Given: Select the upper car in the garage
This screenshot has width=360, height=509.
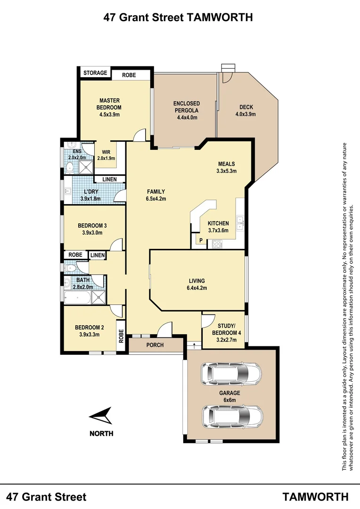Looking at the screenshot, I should coord(231,374).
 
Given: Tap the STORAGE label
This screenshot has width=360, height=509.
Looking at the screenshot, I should coord(96,73).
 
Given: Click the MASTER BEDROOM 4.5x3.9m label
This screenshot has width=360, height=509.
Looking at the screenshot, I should coord(109,107).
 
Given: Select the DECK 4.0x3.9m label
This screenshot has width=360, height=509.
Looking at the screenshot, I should coord(245,110).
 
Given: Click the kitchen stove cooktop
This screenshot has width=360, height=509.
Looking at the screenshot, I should coord(217,244).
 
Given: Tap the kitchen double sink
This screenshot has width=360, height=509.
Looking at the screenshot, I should coord(240,222).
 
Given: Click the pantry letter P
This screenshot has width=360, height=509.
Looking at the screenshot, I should coord(201,241).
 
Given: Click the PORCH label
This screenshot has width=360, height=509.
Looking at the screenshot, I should coord(155,345).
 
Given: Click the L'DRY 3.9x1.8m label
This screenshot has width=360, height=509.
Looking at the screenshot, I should coord(90,195).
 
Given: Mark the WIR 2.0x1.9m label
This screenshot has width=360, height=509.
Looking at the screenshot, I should coord(106,155).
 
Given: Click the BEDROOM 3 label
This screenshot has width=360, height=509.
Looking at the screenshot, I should coord(92,229).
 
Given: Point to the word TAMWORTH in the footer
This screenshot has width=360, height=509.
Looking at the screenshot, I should coord(316,496).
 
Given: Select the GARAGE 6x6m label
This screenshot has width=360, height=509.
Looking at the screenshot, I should coord(229,396).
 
